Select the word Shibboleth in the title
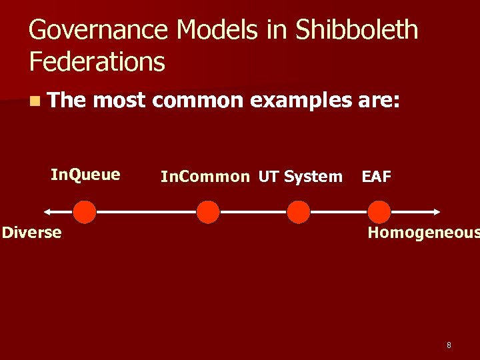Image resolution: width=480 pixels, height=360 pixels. [357, 30]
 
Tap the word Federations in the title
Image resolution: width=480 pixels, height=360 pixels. [97, 62]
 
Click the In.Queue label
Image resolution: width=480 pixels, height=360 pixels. [85, 175]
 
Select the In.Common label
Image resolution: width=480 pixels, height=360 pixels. [205, 177]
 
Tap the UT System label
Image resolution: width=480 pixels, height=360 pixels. [300, 177]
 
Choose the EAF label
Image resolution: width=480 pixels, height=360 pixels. [376, 177]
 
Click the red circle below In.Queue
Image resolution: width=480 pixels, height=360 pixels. [85, 212]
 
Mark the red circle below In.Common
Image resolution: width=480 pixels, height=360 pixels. [208, 212]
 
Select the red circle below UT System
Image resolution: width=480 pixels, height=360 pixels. [298, 212]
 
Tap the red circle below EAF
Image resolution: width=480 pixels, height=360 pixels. [379, 212]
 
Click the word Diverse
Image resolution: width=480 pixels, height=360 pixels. [31, 232]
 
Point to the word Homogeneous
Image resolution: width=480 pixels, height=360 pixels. [423, 232]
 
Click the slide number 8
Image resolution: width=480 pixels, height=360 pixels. [449, 345]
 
